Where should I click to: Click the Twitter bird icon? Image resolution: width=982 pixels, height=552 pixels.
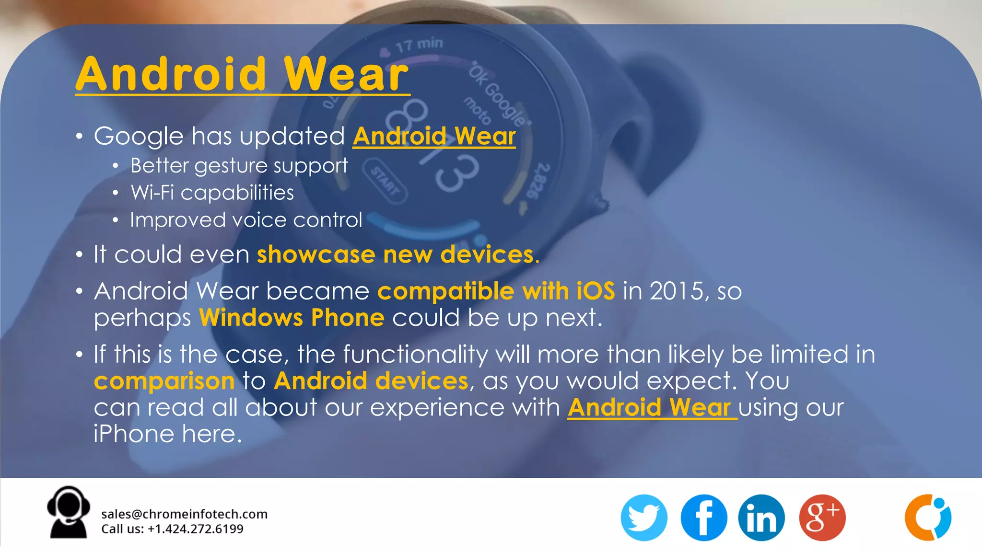[x=643, y=517]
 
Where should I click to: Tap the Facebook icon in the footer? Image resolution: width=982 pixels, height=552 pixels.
[x=703, y=517]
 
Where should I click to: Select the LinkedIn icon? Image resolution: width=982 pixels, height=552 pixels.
[x=761, y=517]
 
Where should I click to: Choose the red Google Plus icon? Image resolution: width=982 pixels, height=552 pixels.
[x=822, y=517]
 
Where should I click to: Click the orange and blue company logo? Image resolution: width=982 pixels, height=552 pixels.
[x=928, y=517]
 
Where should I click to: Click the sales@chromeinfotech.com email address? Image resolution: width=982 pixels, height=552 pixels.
[x=184, y=514]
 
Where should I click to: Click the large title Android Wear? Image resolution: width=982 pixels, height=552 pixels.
[x=242, y=74]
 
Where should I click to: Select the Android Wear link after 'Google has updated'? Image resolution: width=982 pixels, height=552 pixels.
[x=434, y=136]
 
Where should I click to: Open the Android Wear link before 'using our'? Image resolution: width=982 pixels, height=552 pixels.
[x=652, y=407]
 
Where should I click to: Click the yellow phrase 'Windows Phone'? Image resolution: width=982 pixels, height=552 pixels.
[x=292, y=317]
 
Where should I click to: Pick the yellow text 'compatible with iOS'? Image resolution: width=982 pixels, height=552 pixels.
[x=496, y=291]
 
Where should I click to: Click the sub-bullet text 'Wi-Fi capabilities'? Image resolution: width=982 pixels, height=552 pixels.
[x=212, y=193]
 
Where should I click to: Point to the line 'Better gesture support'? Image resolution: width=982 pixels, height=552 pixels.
[x=239, y=165]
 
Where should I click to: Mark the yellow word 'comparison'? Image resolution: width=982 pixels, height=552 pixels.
[x=164, y=381]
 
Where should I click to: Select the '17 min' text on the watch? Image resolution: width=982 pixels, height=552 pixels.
[x=419, y=45]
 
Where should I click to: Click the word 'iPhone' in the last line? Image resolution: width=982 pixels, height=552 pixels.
[x=134, y=434]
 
